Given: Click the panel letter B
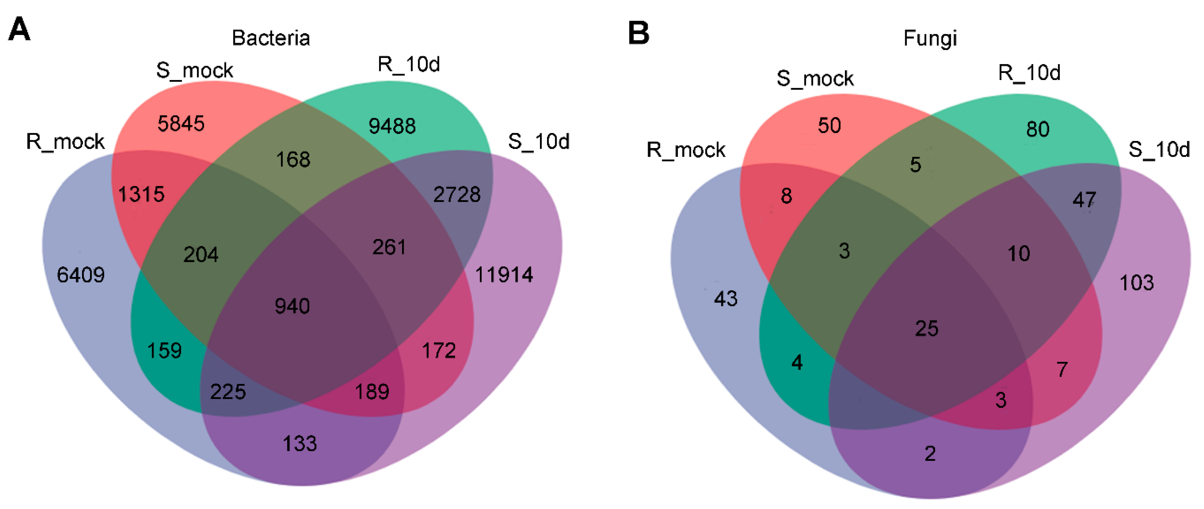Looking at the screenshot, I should pos(638,33).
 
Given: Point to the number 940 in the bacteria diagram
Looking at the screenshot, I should pos(292,306).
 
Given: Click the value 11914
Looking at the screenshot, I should pos(504,275).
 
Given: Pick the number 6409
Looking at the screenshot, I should pos(80,275).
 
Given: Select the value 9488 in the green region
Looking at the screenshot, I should pos(392,126).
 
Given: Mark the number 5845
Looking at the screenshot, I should pos(181,124).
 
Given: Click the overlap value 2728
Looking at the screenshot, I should pos(457,194).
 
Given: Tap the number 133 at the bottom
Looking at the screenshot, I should pos(299,444).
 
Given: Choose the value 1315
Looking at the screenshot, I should pos(141,194).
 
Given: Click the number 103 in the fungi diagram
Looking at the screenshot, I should pos(1137,283).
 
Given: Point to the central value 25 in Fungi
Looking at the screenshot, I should pos(926,329).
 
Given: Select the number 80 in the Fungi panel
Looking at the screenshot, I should pos(1038,129).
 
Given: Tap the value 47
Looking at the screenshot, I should pos(1084,200).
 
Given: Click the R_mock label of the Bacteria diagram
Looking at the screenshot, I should pos(65,142).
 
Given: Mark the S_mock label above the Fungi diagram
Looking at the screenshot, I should pos(815,78).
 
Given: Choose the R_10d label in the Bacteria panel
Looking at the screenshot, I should pos(408,64).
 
